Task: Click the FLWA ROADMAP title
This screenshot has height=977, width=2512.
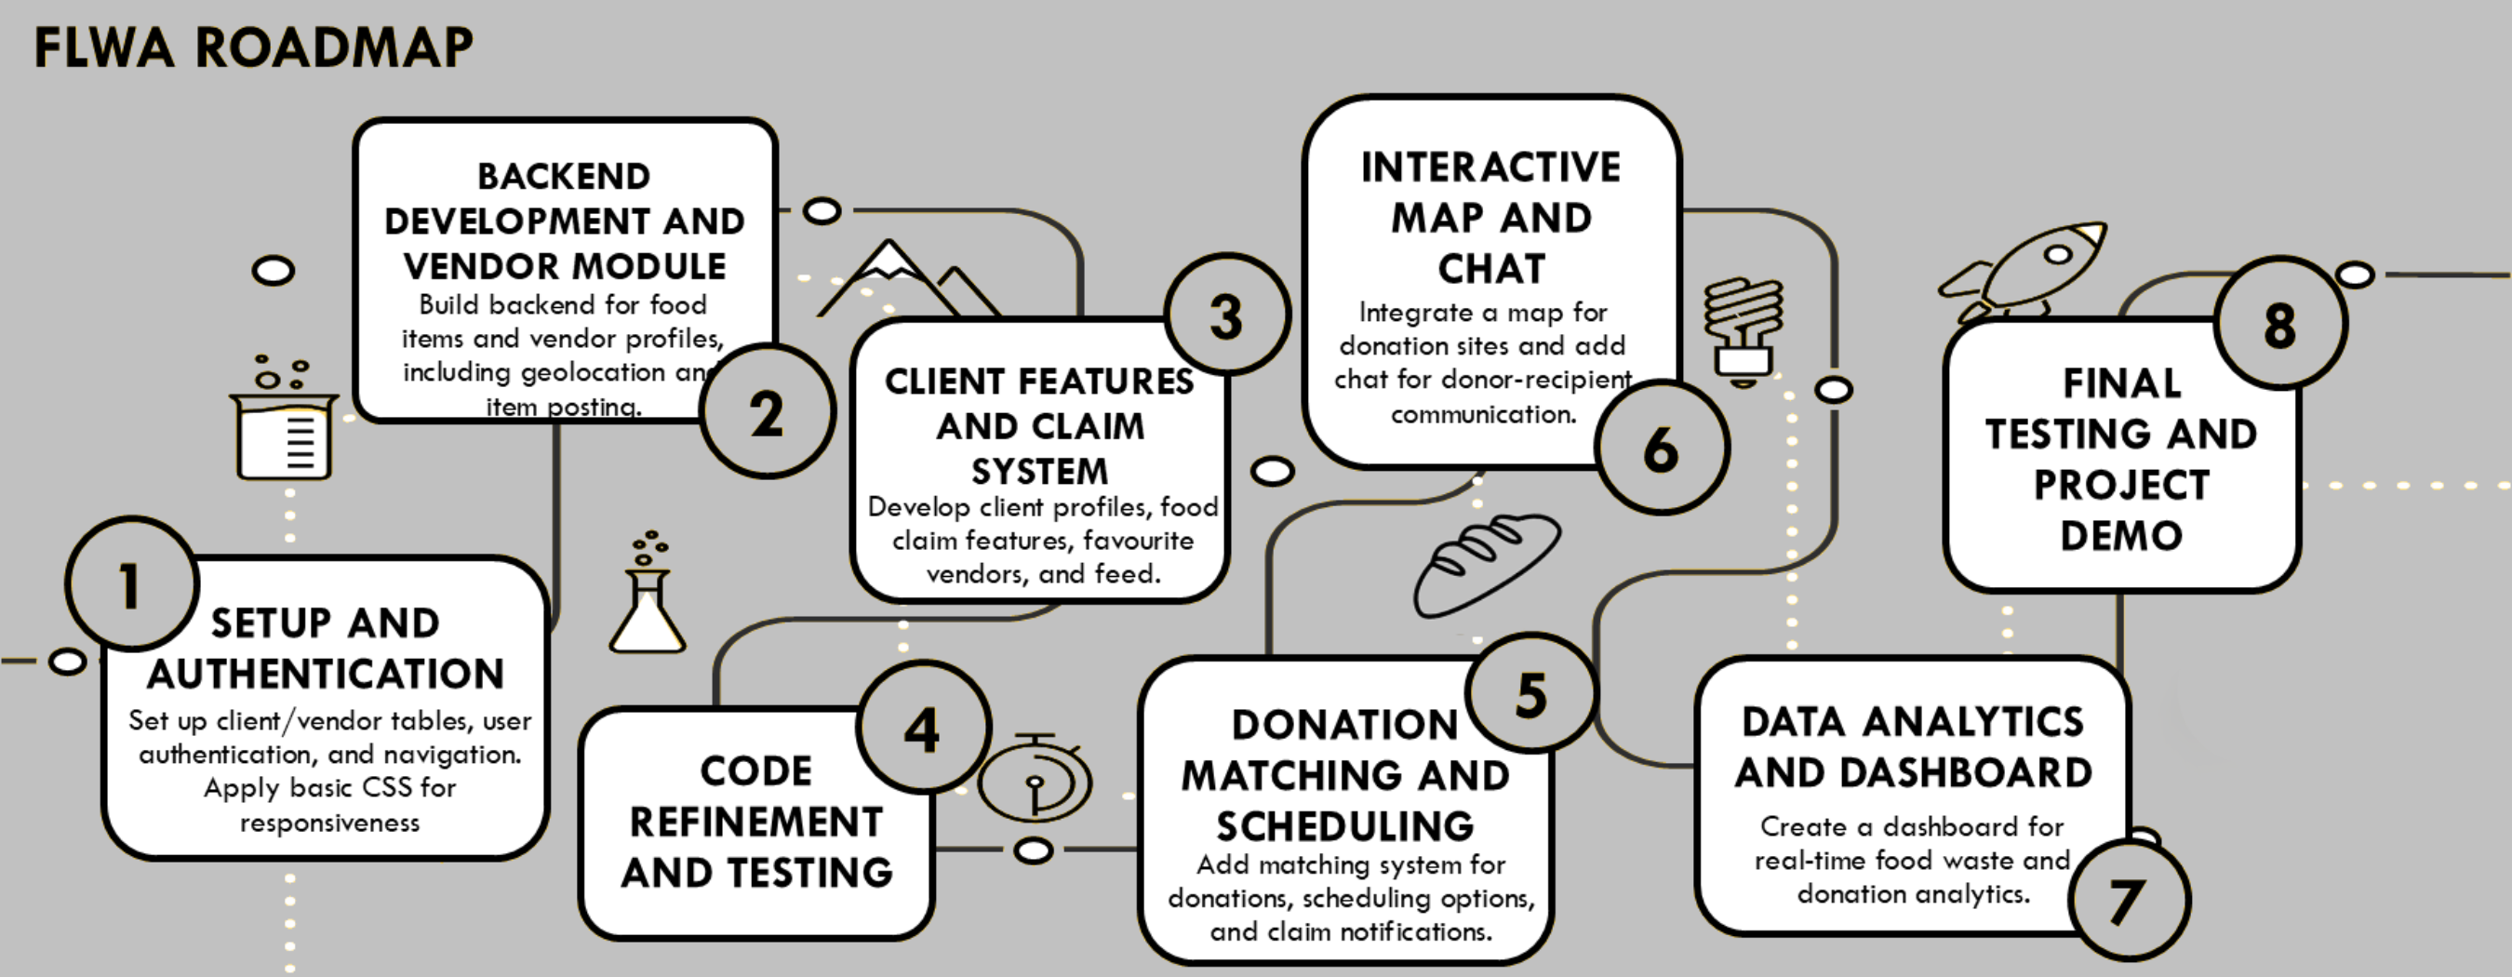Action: click(x=254, y=47)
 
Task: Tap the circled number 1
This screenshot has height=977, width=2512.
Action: click(x=131, y=585)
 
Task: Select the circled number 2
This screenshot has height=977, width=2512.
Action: click(x=768, y=413)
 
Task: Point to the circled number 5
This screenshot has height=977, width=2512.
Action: click(x=1531, y=694)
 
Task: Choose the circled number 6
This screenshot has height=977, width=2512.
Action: click(x=1662, y=448)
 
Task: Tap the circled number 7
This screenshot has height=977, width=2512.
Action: click(x=2128, y=900)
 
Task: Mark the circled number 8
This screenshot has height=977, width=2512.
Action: click(x=2280, y=324)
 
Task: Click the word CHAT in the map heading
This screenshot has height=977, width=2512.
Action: click(x=1492, y=269)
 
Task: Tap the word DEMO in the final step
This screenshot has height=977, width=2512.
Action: click(x=2121, y=535)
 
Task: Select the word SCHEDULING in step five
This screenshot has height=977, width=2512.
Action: click(x=1344, y=826)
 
